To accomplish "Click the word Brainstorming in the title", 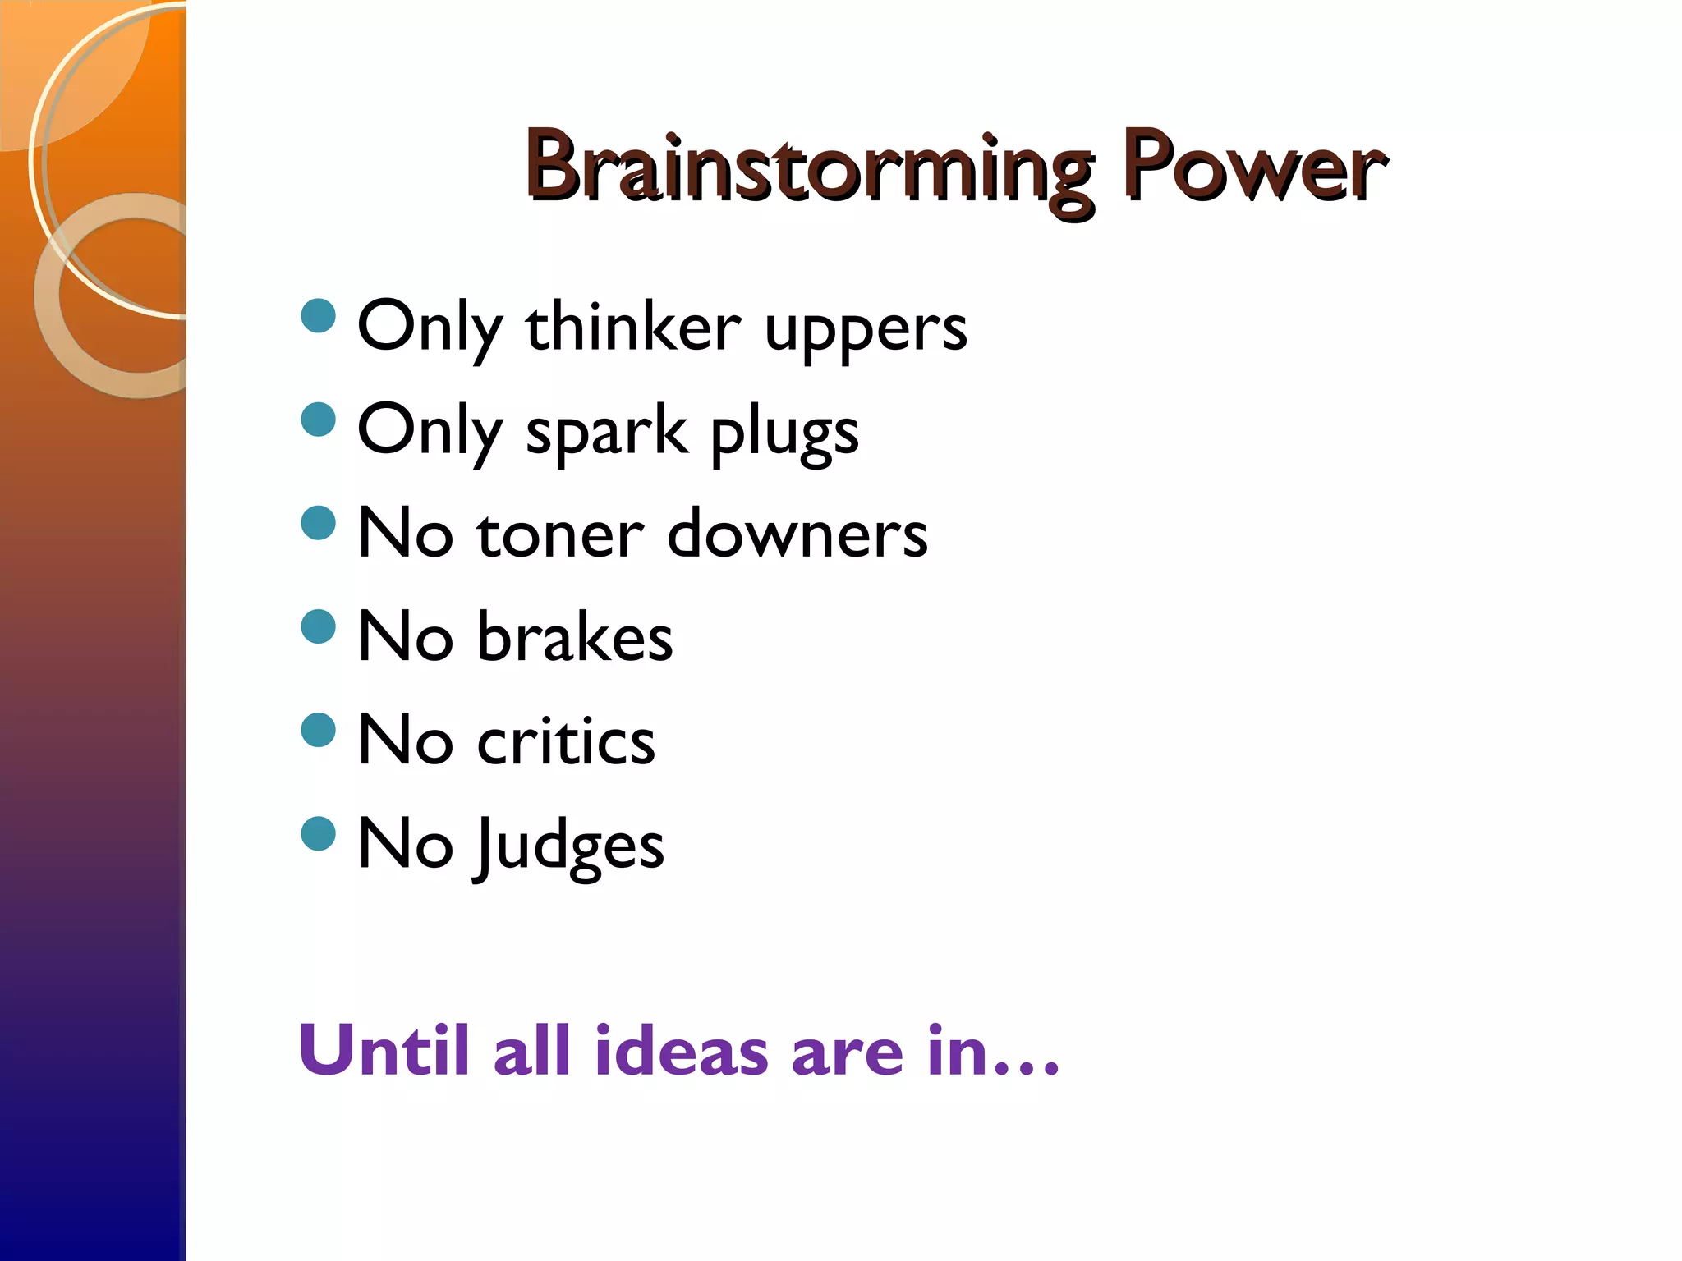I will click(x=809, y=168).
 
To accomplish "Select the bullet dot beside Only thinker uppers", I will click(x=319, y=315).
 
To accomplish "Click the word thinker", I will click(x=633, y=327).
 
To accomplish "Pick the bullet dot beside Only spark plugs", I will click(x=319, y=419).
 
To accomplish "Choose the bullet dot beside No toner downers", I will click(x=319, y=522).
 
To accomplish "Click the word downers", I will click(x=797, y=534).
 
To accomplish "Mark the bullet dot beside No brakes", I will click(x=319, y=626).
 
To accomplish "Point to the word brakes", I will click(x=575, y=637).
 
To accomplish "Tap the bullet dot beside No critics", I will click(x=319, y=729).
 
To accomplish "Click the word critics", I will click(x=566, y=741).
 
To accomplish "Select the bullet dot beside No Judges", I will click(x=319, y=833).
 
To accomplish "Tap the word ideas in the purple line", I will click(x=682, y=1050).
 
